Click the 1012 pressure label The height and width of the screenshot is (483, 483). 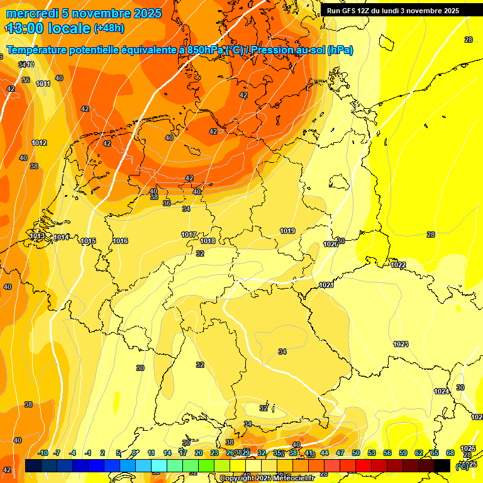pos(39,143)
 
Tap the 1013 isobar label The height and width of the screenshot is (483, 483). pos(37,236)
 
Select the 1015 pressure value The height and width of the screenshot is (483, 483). pos(88,241)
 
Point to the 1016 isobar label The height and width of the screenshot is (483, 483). pos(121,241)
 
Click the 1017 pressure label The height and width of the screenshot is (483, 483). pos(189,235)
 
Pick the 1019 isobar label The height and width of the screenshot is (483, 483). pos(287,231)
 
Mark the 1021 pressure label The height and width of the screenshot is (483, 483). pos(326,285)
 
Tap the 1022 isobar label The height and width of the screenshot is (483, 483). pos(398,265)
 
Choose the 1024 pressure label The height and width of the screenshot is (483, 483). pos(441,391)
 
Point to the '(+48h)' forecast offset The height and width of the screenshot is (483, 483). pos(109,28)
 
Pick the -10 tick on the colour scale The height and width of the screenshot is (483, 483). pos(43,453)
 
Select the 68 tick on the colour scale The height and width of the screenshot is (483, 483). pos(450,453)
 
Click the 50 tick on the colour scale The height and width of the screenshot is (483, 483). pos(356,453)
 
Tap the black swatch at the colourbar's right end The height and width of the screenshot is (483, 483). pos(442,465)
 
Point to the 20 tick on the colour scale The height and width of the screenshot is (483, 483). pos(199,453)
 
